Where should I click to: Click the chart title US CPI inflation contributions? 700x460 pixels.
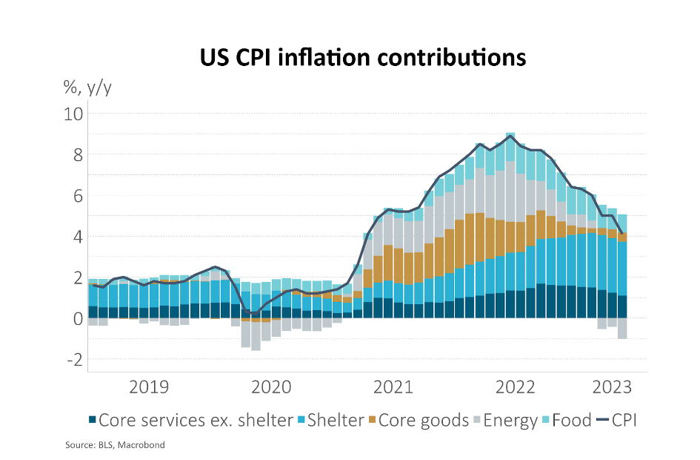(x=362, y=58)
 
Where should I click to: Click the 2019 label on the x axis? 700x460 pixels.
(x=148, y=387)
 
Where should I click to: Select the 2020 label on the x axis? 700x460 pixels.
(x=270, y=387)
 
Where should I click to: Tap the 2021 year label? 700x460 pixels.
(x=393, y=387)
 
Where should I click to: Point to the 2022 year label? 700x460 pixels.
(x=515, y=387)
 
